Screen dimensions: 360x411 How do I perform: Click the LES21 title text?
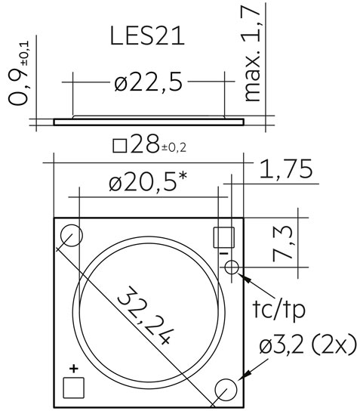tap(147, 36)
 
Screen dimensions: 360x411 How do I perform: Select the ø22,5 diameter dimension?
tap(148, 82)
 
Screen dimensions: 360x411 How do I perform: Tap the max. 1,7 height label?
tap(251, 54)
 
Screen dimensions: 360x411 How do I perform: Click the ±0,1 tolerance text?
tap(25, 54)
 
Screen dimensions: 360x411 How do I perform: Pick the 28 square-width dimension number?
tap(145, 144)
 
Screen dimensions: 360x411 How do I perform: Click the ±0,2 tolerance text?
tap(174, 148)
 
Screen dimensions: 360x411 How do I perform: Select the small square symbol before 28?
tap(120, 146)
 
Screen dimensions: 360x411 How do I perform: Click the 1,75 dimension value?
tap(286, 169)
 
